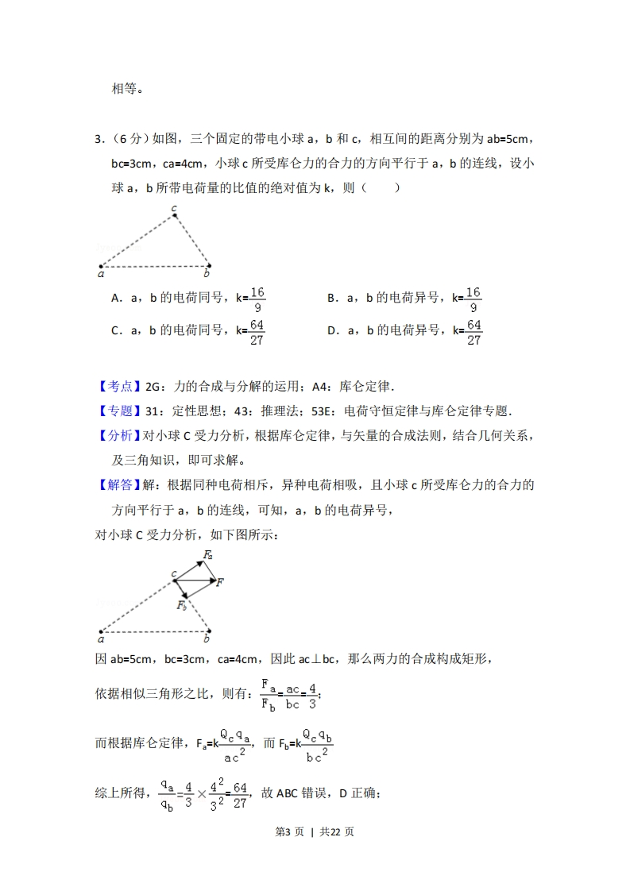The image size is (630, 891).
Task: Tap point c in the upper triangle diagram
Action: [175, 215]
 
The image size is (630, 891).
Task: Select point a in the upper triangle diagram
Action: [101, 267]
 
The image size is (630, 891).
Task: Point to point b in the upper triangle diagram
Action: [208, 267]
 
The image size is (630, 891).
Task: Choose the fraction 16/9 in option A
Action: [257, 299]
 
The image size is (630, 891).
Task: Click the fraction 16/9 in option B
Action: [473, 299]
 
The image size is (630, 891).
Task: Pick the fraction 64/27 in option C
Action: [257, 332]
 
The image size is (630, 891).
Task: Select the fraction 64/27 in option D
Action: [473, 332]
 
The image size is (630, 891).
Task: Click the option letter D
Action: [332, 331]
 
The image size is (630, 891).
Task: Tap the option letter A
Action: [116, 299]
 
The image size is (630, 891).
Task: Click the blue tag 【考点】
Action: [118, 387]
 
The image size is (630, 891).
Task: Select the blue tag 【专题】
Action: [118, 411]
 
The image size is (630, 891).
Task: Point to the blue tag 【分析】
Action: [118, 435]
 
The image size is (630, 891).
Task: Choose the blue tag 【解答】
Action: [118, 484]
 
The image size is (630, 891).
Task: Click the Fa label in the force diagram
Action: [208, 554]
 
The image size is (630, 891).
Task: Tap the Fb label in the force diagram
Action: [182, 606]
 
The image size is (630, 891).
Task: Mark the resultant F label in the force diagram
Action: [220, 582]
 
